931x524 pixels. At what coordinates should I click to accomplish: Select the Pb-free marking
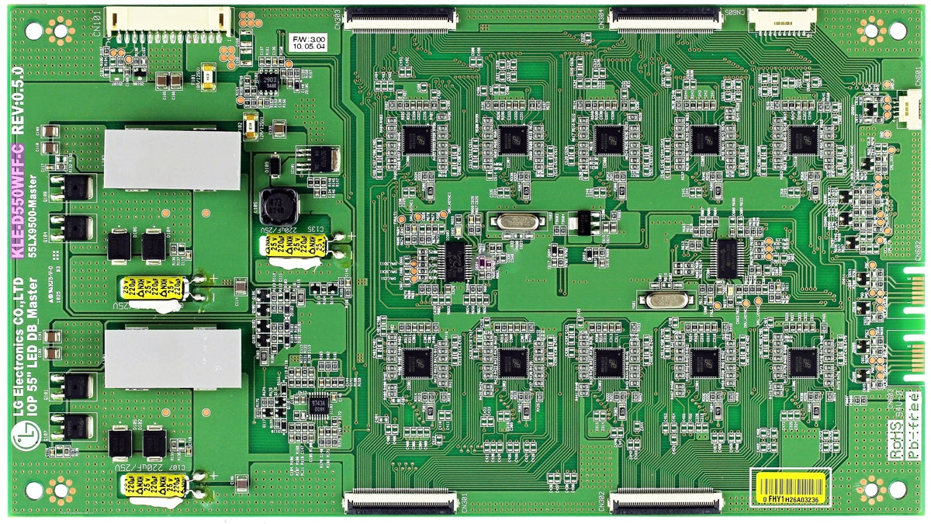(914, 425)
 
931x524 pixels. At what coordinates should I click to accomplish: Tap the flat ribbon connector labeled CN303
(400, 18)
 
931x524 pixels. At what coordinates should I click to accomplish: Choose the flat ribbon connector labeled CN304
(666, 18)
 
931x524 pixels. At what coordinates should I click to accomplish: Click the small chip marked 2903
(269, 83)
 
